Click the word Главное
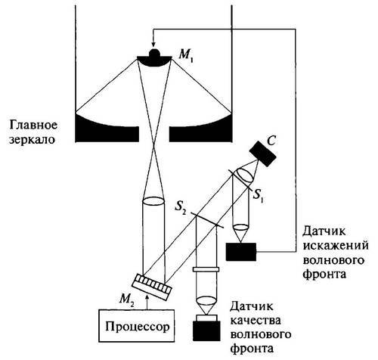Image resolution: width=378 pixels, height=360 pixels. point(30,124)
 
